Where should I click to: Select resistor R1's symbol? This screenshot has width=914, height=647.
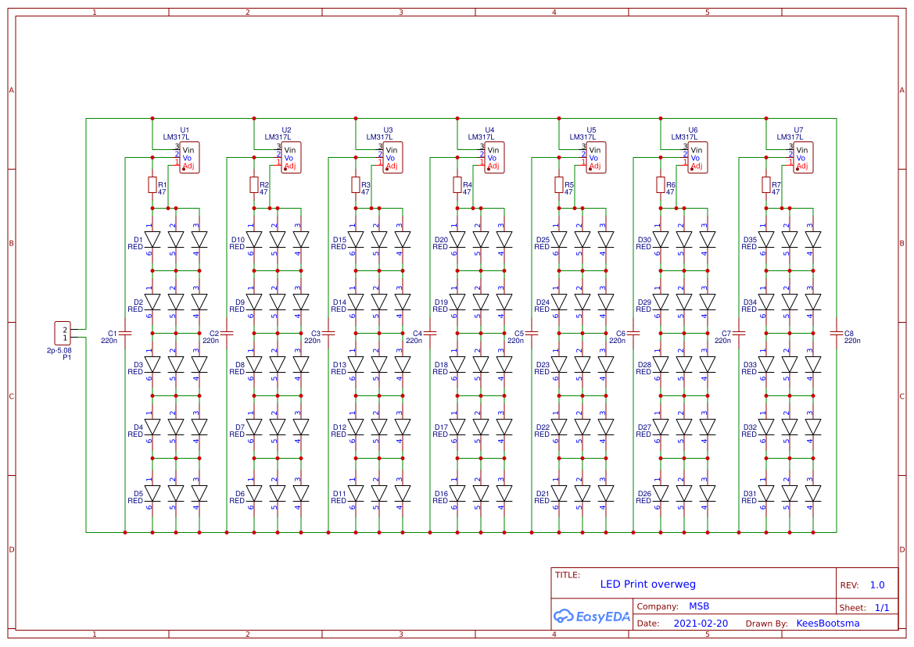click(x=152, y=184)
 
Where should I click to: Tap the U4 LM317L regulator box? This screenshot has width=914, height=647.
click(x=494, y=157)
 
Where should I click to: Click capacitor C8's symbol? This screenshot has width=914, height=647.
click(x=837, y=333)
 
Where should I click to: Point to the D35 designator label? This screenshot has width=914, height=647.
click(x=750, y=240)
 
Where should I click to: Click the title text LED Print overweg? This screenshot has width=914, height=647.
click(x=647, y=584)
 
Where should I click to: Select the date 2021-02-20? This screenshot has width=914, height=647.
click(x=701, y=624)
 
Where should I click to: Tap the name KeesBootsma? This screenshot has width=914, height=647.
click(x=827, y=624)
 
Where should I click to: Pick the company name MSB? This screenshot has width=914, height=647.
click(x=699, y=606)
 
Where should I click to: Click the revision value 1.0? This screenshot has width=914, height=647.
click(x=877, y=585)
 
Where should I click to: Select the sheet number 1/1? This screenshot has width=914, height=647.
click(x=881, y=607)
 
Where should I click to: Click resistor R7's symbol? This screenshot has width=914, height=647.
click(x=766, y=184)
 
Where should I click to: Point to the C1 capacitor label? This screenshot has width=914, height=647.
click(x=112, y=333)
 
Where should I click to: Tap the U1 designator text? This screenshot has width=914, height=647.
click(x=185, y=130)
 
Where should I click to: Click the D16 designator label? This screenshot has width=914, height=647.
click(x=441, y=494)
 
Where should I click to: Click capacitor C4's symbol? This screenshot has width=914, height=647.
click(x=430, y=333)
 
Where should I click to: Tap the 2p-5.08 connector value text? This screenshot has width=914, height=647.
click(x=59, y=351)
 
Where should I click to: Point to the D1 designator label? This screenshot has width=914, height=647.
click(x=138, y=240)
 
